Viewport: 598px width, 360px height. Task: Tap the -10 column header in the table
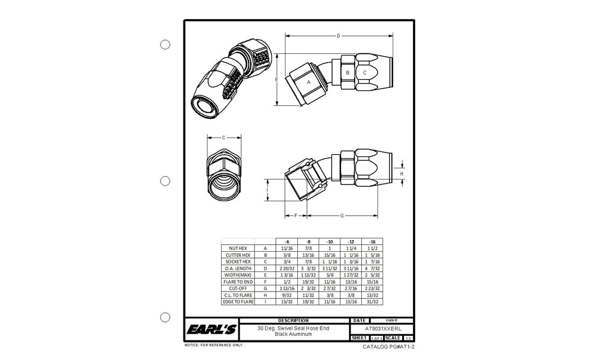pos(329,242)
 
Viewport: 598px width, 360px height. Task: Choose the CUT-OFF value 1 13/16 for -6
pos(287,288)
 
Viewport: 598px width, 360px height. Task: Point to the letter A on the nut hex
pos(309,82)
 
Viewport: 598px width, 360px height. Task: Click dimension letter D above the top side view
pos(338,36)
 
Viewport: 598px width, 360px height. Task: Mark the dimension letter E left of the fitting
pos(277,80)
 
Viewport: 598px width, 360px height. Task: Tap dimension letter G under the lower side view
pos(342,216)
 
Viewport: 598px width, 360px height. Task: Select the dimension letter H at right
pos(402,174)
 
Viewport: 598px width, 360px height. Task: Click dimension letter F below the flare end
pos(295,216)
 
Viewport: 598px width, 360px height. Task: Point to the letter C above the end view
pos(224,137)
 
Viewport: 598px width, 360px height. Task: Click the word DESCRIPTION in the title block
pos(293,321)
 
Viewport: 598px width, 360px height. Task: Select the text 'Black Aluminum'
pos(293,334)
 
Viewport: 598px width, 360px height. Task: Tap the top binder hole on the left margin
pos(165,44)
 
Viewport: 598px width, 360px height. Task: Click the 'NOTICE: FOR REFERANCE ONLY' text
pos(214,345)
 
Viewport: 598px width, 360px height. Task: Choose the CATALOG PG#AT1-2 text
pos(388,347)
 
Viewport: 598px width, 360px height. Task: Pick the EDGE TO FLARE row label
pos(238,302)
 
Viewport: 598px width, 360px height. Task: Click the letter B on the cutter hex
pos(347,73)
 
